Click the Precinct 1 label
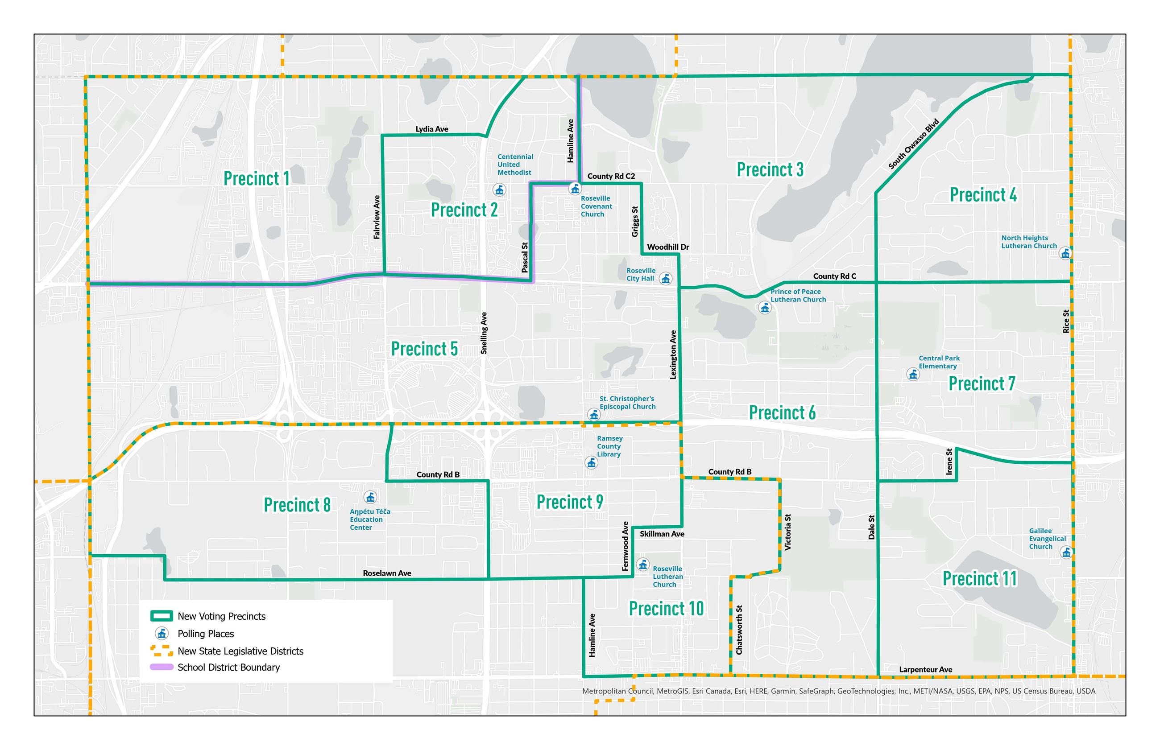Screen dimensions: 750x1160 tap(256, 179)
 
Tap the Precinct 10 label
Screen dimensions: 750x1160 tap(666, 609)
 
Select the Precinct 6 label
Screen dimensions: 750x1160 tap(782, 413)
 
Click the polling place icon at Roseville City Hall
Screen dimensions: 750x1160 tap(665, 279)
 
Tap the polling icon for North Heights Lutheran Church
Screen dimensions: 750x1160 tap(1065, 254)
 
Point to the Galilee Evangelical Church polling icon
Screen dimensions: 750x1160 tap(1066, 553)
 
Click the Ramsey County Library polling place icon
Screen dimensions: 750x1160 tap(591, 463)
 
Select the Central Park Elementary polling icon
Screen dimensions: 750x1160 tap(912, 375)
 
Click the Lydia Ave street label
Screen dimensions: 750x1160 tap(431, 129)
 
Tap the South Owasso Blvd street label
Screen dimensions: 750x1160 tap(913, 144)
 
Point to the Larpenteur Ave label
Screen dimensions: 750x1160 tap(925, 670)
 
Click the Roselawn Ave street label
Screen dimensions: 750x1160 tap(387, 573)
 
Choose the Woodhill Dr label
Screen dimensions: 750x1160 tap(667, 247)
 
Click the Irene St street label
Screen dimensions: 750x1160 tap(949, 462)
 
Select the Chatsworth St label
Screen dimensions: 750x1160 tap(739, 630)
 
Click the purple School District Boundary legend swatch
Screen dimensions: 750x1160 tap(162, 667)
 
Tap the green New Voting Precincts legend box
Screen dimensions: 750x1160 tap(162, 616)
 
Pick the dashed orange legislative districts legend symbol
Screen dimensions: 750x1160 tap(162, 651)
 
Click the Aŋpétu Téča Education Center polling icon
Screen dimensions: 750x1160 tap(370, 497)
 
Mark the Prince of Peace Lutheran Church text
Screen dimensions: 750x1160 tap(798, 296)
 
